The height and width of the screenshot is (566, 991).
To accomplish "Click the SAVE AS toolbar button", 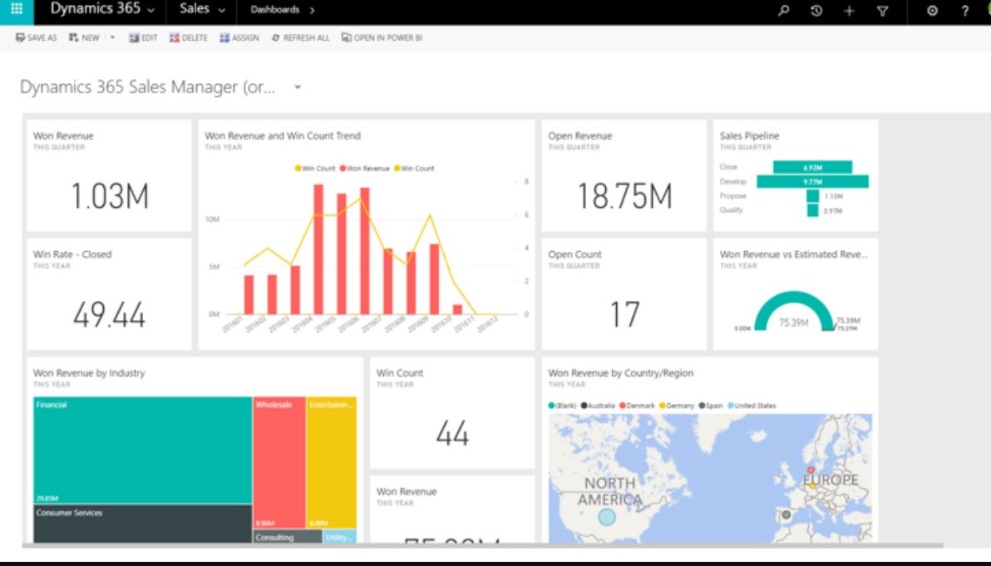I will coord(37,37).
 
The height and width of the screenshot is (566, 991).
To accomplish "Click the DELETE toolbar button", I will coord(191,37).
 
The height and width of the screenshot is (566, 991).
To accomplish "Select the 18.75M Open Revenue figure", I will coord(625,195).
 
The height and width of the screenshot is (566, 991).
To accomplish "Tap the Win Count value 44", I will coord(452,433).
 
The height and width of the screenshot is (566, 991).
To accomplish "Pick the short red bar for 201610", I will coord(457,309).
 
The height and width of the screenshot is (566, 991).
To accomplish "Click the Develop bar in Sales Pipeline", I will coord(812,181).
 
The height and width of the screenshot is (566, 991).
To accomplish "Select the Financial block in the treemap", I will coord(143,449).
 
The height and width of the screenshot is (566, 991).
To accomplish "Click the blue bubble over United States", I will coord(607,517).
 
